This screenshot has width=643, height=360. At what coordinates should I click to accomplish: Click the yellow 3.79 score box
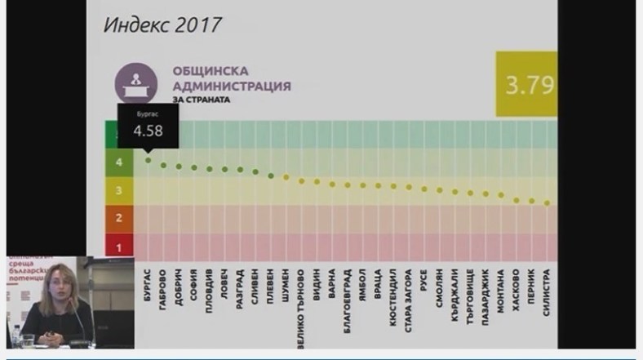pos(527,84)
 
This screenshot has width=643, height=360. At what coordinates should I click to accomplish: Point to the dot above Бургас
pos(148,160)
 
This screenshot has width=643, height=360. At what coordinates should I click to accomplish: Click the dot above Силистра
pos(547,203)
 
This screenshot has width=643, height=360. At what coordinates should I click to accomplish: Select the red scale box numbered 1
pos(119,246)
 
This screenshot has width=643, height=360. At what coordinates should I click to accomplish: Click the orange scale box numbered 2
pos(119,218)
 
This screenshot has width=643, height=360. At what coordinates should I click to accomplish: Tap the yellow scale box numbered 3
pos(119,190)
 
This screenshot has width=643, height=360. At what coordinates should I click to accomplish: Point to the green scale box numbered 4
pos(119,162)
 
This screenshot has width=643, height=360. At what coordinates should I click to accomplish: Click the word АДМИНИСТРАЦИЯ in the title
pos(232,86)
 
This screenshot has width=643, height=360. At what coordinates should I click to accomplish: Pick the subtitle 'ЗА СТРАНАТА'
pos(201,100)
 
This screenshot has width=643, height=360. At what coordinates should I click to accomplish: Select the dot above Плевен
pos(271,175)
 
